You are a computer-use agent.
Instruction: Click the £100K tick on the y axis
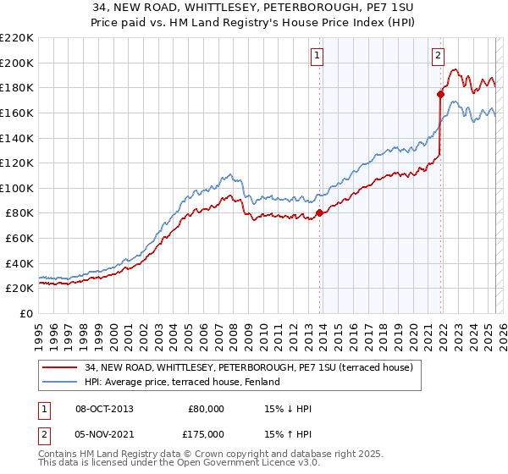[16, 188]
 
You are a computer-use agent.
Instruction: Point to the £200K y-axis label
[16, 63]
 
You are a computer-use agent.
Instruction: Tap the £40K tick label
[19, 263]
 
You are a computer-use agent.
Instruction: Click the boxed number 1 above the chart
[317, 57]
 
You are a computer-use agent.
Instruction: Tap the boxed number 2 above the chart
[438, 57]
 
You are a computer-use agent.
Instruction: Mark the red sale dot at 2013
[319, 213]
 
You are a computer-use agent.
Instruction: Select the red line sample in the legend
[60, 367]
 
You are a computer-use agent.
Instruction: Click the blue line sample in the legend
[60, 383]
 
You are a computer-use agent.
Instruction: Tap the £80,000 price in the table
[206, 409]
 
